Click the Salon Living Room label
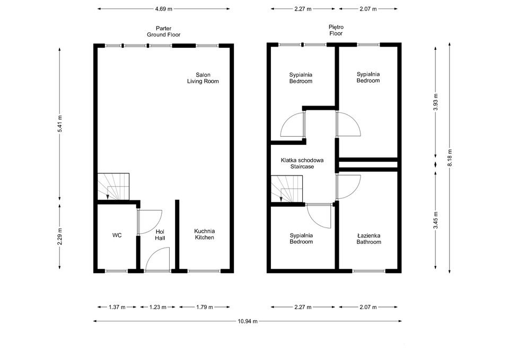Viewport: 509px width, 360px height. click(x=203, y=78)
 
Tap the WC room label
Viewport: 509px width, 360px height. click(x=117, y=235)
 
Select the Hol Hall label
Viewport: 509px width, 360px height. click(x=160, y=235)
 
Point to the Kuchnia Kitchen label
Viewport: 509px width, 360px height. click(x=204, y=234)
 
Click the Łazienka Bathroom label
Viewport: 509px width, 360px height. click(x=368, y=239)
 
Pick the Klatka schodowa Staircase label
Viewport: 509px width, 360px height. click(x=302, y=163)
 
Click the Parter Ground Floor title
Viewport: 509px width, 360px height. click(x=163, y=31)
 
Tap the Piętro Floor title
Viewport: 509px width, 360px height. click(x=336, y=30)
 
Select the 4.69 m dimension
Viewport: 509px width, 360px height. click(x=163, y=9)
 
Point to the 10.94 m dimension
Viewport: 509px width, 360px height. click(x=247, y=321)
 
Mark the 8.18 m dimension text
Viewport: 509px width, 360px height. click(x=450, y=158)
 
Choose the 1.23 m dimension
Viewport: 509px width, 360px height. click(x=157, y=307)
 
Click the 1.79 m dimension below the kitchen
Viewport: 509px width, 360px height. click(x=204, y=307)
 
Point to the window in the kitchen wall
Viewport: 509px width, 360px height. click(x=204, y=271)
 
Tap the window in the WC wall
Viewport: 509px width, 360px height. click(x=116, y=271)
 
